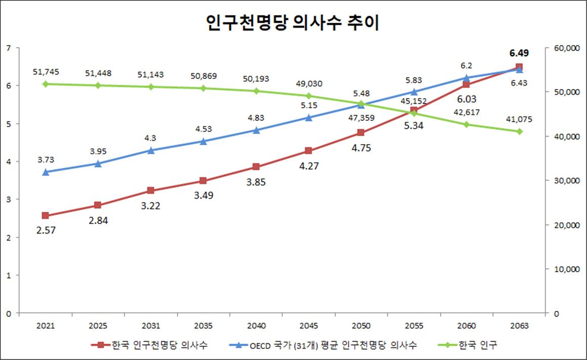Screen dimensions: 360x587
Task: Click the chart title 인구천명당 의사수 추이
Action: click(x=293, y=23)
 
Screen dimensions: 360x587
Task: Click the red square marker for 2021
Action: click(x=45, y=215)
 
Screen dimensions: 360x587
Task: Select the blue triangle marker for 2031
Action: click(x=151, y=150)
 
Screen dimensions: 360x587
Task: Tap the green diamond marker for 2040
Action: click(x=256, y=91)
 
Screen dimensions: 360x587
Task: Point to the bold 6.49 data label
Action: click(x=520, y=53)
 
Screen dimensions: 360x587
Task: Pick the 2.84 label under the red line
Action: click(x=98, y=220)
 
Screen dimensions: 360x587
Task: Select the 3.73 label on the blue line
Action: click(x=46, y=160)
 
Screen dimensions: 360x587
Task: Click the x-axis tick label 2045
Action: click(x=309, y=327)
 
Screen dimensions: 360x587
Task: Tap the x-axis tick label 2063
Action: click(x=519, y=327)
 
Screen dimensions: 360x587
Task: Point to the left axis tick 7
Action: click(x=9, y=48)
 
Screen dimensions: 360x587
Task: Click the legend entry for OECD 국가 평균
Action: click(x=333, y=346)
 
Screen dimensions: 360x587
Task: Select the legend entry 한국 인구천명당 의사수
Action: click(x=159, y=346)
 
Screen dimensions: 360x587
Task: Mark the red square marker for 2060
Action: click(x=467, y=84)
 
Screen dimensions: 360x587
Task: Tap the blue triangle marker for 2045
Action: click(x=309, y=117)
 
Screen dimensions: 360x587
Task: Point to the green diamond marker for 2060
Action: click(x=467, y=124)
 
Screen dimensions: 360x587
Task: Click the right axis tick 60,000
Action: click(x=565, y=48)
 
